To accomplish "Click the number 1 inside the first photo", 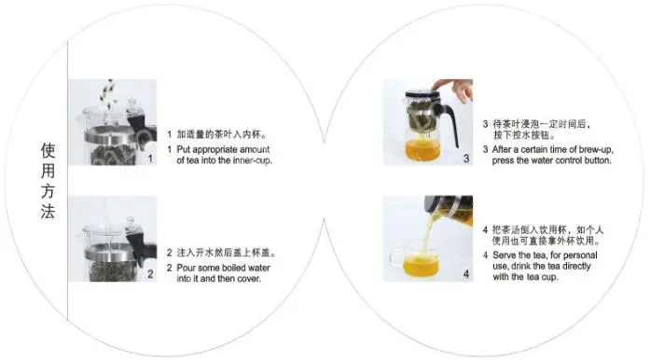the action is tap(150, 159).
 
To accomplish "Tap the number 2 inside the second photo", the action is tap(150, 274).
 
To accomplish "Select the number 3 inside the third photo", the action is tap(466, 159).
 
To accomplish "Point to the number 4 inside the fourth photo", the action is tap(466, 274).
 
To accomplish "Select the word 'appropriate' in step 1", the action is tap(215, 150).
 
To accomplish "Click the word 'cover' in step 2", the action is tap(248, 279).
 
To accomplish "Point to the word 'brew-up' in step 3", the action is tap(596, 150).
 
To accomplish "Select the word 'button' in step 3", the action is tap(598, 160).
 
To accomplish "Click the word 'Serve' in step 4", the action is tap(504, 255).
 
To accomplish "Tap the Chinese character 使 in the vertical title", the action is tap(48, 151).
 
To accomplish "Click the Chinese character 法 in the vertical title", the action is tap(48, 211).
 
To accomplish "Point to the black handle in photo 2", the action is tap(142, 246).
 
